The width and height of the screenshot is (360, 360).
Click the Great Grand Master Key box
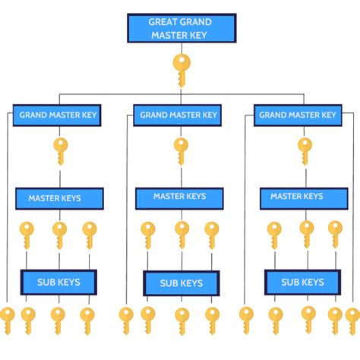tap(182, 28)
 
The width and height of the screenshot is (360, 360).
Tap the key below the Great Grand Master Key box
tap(182, 71)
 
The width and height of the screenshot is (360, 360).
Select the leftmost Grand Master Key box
tap(57, 115)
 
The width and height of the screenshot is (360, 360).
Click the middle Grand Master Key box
tap(178, 115)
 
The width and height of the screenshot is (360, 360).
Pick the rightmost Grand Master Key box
tap(298, 115)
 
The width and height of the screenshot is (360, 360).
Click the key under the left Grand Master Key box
tap(61, 151)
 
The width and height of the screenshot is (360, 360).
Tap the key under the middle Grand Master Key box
tap(181, 151)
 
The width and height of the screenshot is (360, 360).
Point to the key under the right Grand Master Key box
tap(305, 151)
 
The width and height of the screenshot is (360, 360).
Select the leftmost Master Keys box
tap(59, 198)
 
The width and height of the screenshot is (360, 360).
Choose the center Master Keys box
tap(179, 198)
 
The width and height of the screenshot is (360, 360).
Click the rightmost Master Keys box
tap(304, 198)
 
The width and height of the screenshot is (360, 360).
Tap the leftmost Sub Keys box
tap(58, 283)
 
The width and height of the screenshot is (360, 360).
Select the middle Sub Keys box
tap(182, 283)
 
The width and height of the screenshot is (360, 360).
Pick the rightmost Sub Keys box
tap(303, 283)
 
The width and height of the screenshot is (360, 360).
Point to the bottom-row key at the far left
tap(8, 321)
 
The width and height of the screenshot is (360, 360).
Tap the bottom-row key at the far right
tap(352, 321)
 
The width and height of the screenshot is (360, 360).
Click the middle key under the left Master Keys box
tap(59, 235)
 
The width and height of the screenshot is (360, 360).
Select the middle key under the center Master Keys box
tap(182, 235)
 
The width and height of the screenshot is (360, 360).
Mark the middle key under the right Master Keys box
tap(307, 235)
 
